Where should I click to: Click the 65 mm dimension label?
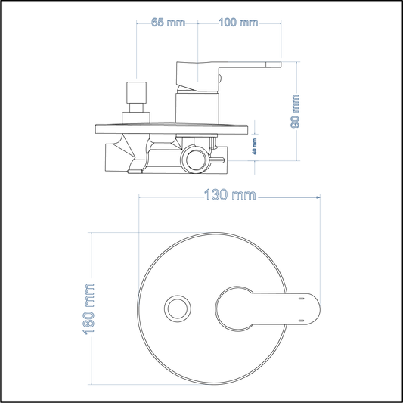click(167, 22)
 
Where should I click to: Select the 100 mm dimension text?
click(238, 22)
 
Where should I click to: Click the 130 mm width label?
click(230, 196)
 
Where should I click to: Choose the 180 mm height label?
click(91, 308)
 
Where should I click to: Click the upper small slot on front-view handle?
click(301, 299)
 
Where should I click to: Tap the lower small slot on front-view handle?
click(301, 320)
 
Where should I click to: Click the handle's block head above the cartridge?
click(197, 73)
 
